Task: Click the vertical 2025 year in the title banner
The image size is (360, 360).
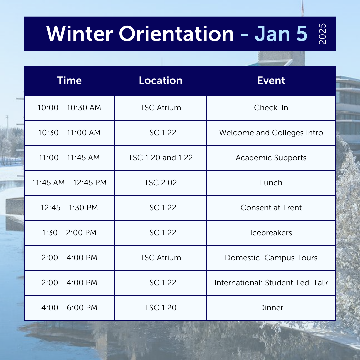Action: tap(322, 34)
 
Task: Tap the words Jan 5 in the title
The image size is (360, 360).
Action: tap(281, 34)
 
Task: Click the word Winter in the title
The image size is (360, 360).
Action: tap(80, 34)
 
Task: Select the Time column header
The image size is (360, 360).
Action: tap(69, 81)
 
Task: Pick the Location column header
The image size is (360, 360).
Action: tap(160, 81)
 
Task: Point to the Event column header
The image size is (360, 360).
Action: tap(271, 81)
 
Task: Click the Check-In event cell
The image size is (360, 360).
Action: tap(271, 108)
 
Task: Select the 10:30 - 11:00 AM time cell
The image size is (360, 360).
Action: tap(69, 133)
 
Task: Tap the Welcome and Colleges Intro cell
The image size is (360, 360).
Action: tap(271, 133)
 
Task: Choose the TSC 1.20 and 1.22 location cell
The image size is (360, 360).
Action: tap(160, 158)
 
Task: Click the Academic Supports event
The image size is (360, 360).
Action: tap(271, 158)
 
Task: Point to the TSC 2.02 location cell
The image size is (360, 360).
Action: tap(160, 183)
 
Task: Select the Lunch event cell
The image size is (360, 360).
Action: tap(271, 183)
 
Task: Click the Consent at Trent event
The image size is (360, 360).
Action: tap(271, 208)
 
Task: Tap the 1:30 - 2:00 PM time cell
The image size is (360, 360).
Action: tap(69, 233)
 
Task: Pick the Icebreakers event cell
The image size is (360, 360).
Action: tap(271, 233)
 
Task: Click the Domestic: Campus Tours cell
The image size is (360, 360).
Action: tap(271, 258)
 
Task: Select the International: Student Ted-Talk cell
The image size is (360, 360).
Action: tap(271, 283)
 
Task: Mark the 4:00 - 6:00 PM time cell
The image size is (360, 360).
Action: tap(69, 308)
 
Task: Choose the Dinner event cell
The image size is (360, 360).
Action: tap(271, 308)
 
